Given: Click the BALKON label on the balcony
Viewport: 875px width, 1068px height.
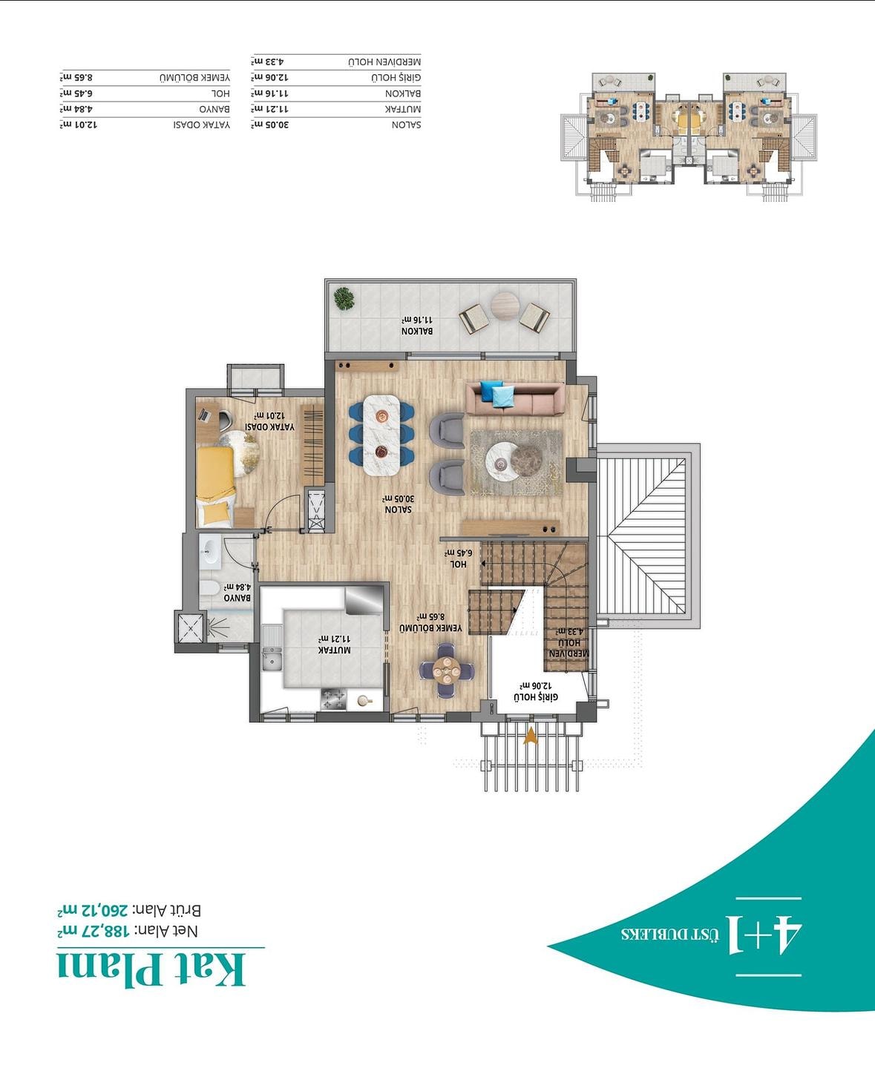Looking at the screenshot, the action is [x=418, y=331].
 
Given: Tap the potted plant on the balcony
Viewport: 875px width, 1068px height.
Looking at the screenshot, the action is [x=344, y=298].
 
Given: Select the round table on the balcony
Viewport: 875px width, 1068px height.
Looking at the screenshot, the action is [x=505, y=306].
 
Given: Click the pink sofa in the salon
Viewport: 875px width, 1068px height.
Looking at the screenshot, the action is [x=515, y=398].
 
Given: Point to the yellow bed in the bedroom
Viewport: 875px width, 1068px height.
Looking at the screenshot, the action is [x=216, y=485].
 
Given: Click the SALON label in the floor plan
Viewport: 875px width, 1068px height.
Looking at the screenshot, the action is [x=399, y=510].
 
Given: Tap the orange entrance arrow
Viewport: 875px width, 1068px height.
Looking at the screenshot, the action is [x=531, y=736].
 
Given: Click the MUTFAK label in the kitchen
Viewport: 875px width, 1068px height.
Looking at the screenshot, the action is [x=334, y=650].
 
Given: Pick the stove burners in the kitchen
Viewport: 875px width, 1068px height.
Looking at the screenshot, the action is [x=333, y=699].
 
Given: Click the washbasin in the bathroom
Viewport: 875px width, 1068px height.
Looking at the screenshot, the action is [x=210, y=551].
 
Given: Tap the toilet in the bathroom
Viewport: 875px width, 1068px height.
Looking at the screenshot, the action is [x=209, y=588].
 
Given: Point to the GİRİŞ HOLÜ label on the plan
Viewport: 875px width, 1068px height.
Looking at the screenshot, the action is [x=537, y=697].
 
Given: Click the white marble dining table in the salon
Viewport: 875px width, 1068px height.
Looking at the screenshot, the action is [x=381, y=435].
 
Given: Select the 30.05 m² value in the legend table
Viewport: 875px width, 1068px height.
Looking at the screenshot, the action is [x=269, y=125].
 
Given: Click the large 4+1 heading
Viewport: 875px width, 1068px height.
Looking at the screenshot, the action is [x=764, y=933].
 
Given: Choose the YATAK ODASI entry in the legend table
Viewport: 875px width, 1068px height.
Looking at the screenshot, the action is [x=202, y=125].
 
